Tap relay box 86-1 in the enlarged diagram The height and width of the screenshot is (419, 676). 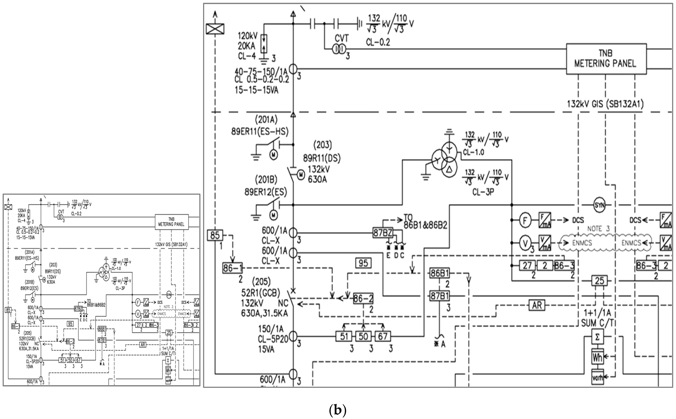click(233, 268)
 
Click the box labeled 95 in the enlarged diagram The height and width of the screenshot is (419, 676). click(363, 263)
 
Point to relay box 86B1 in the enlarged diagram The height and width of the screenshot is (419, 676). click(440, 273)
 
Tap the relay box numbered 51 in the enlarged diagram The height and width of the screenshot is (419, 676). click(344, 336)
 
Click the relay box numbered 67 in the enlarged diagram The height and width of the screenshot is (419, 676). click(383, 336)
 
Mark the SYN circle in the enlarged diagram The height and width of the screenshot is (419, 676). click(599, 205)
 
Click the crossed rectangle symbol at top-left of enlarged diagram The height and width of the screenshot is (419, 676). click(215, 29)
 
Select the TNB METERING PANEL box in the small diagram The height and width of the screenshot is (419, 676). click(171, 222)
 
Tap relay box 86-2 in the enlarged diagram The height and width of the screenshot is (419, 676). click(363, 299)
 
